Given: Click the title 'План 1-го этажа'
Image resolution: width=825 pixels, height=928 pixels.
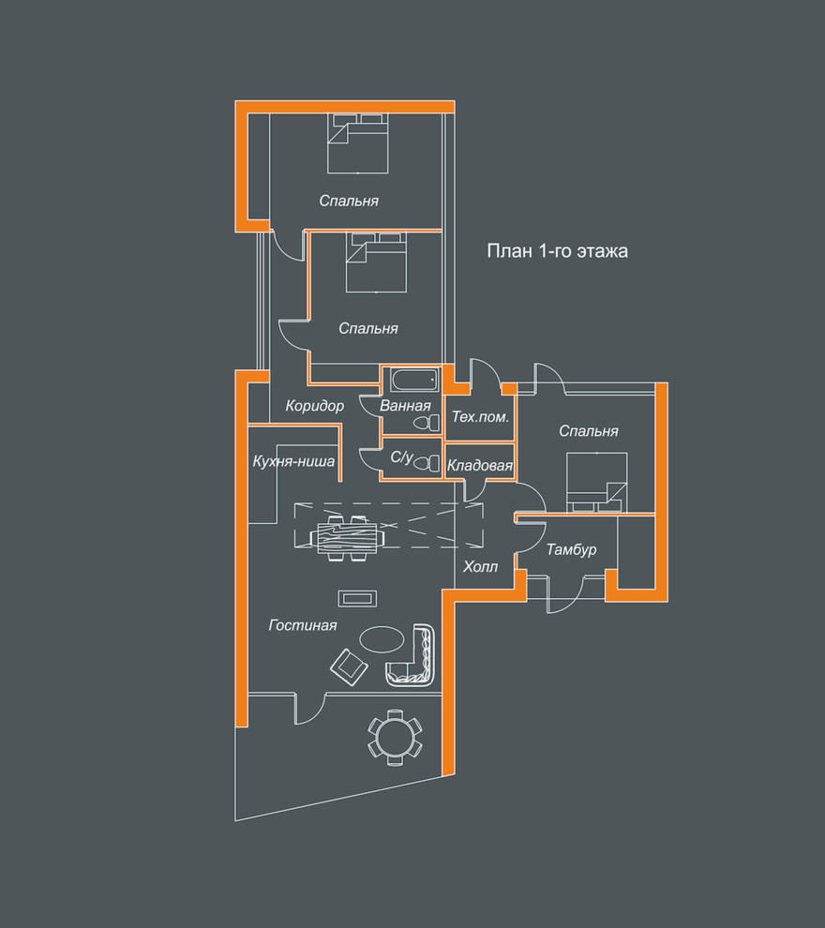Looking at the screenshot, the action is (557, 251).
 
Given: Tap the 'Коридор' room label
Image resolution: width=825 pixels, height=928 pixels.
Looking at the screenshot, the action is (314, 406).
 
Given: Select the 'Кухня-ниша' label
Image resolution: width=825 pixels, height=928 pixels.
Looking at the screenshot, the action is (293, 461).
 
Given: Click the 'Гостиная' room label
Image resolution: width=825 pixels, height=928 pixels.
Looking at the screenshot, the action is (303, 625).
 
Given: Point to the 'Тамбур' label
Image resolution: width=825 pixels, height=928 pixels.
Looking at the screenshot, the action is (571, 550).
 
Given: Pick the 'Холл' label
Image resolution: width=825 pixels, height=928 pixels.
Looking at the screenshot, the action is (480, 567).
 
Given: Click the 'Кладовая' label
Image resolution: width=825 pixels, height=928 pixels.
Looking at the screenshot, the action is (479, 466).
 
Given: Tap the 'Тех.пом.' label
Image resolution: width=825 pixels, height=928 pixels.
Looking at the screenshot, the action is (480, 416).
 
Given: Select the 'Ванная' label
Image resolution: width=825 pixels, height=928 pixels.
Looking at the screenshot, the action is (405, 406).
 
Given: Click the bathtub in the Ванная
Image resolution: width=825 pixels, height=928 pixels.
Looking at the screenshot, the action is (414, 380).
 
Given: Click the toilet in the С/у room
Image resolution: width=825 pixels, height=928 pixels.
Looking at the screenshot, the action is (427, 463).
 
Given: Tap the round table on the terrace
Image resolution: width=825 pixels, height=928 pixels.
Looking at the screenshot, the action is (396, 738).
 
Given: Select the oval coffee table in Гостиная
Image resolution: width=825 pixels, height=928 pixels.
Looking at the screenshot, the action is (382, 639).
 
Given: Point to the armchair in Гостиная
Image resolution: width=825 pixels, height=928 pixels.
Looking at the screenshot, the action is (349, 666).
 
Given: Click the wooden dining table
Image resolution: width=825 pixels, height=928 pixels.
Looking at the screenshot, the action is (348, 538).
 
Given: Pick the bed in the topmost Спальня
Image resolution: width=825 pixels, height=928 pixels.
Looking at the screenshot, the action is (358, 143).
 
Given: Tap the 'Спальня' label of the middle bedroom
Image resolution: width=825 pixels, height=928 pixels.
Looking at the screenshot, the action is (368, 328).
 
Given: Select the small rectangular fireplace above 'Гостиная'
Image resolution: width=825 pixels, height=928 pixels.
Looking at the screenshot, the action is (357, 598).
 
